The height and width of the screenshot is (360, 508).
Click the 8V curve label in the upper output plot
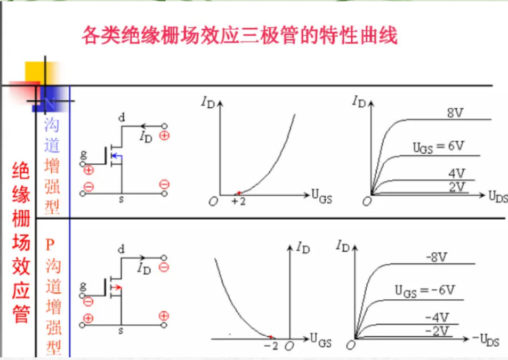point(455,113)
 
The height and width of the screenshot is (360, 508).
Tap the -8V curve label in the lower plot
point(436,257)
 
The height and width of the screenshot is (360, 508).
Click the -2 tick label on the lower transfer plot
point(271,345)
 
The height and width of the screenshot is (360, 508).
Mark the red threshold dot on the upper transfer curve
point(239,193)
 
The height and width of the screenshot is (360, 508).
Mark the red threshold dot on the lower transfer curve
point(271,337)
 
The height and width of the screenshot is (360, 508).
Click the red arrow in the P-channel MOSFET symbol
point(117,287)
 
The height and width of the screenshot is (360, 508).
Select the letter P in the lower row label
point(50,245)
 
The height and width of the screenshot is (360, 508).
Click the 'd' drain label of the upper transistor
point(122,118)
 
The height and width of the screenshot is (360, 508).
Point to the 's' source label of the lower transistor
point(121,331)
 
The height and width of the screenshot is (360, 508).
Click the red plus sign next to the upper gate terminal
point(88,170)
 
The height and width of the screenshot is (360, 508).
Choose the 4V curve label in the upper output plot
point(456,173)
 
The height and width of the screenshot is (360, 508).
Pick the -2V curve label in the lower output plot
point(436,330)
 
